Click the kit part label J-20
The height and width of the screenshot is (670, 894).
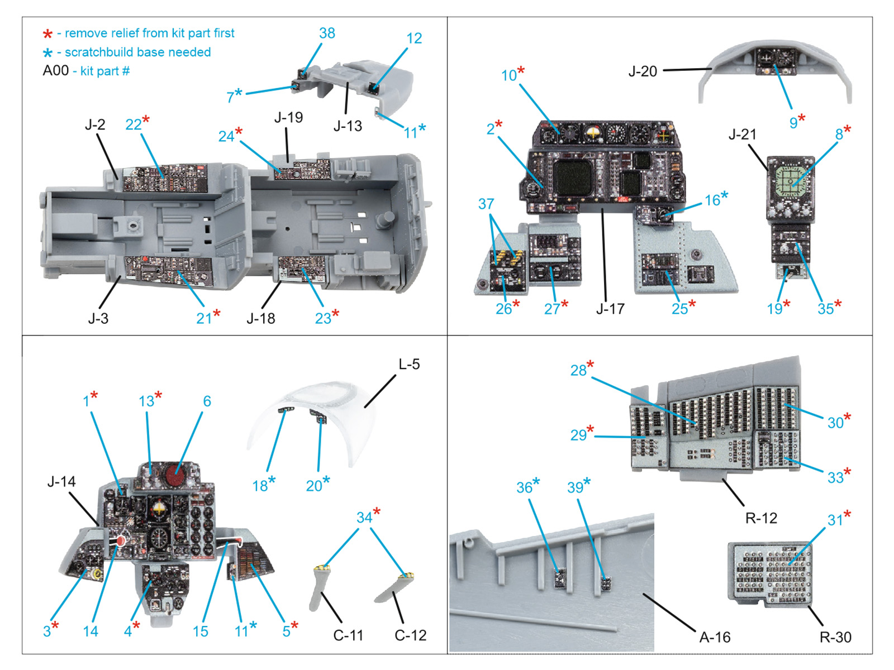643,71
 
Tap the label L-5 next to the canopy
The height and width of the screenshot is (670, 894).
409,365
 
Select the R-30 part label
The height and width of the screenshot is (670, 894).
835,637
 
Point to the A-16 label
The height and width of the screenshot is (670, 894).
715,637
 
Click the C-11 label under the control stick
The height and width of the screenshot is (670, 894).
348,635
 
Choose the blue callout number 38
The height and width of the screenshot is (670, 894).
327,33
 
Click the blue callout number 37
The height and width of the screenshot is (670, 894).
486,204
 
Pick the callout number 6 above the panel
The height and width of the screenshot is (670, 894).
207,401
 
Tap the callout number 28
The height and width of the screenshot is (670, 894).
578,370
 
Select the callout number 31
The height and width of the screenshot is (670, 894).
835,520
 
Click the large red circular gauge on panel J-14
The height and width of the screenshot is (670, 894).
175,474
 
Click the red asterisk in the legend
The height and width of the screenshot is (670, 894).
48,35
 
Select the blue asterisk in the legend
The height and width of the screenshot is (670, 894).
48,53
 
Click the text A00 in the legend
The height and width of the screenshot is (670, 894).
56,71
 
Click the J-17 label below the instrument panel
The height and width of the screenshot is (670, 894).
610,309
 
